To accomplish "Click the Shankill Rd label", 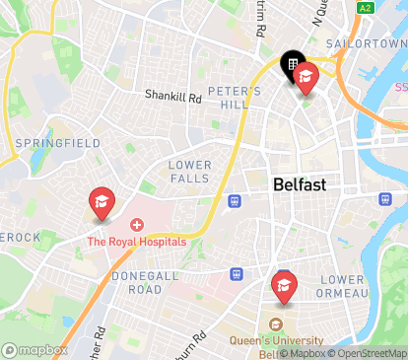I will (x=172, y=98).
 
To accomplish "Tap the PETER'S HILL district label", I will (x=235, y=99).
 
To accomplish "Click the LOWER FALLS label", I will (x=189, y=171).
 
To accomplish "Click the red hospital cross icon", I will (x=136, y=226).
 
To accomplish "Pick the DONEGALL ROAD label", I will (x=150, y=283).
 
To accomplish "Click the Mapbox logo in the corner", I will (x=34, y=350).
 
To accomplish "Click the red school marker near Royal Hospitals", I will (x=101, y=202).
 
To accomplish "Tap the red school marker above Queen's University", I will (x=284, y=287).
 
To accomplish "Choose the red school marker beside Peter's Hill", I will (x=306, y=77).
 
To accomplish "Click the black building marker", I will (x=292, y=66).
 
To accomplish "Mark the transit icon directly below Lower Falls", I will (x=235, y=201).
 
